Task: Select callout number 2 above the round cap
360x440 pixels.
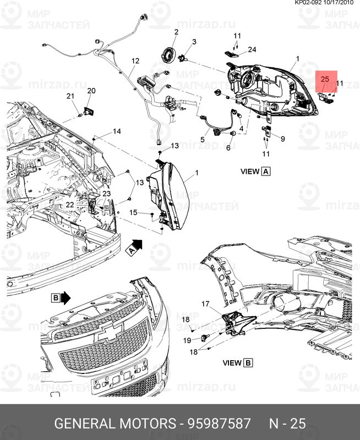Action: coord(176,32)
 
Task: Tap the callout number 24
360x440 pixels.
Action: coord(252,50)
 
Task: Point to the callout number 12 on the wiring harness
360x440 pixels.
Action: coord(135,61)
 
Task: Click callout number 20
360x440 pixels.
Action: coord(91,90)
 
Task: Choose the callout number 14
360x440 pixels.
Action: coord(117,131)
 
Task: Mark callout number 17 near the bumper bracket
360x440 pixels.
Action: coord(205,304)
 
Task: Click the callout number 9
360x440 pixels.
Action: coord(282,139)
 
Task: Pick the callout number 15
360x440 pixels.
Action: coord(133,212)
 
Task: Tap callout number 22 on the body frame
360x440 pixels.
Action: coord(70,205)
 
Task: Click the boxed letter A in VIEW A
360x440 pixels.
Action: coord(266,172)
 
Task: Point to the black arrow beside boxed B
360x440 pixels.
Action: coord(66,298)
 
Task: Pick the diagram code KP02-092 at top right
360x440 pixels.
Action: coord(309,3)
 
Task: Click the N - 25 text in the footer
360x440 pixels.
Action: coord(286,424)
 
